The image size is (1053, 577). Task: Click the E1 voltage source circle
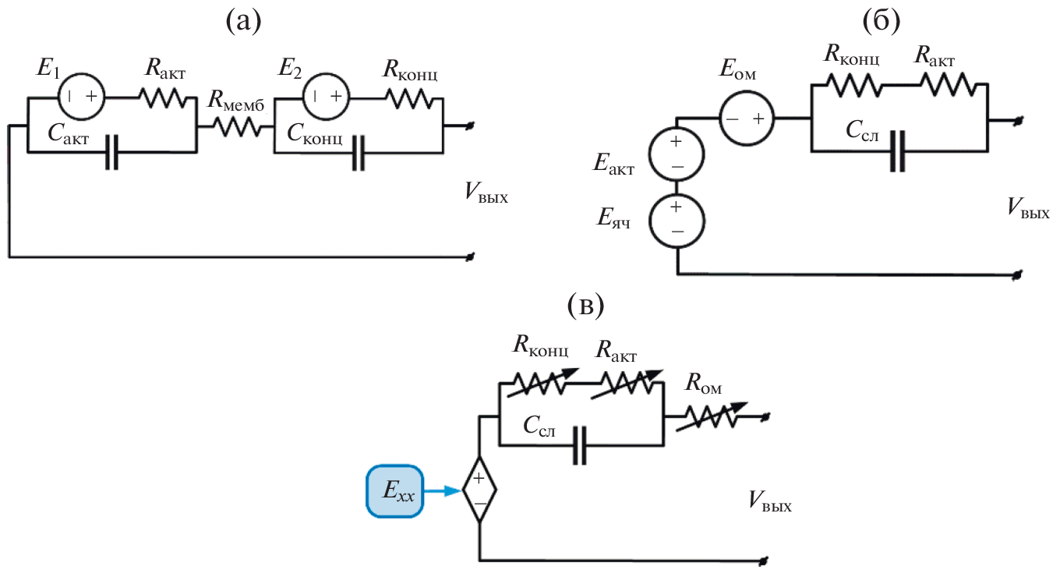pos(82,97)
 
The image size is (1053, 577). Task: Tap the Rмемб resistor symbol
pos(235,126)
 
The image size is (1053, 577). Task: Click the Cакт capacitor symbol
pos(112,152)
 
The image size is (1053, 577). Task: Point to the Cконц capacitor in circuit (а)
pos(358,152)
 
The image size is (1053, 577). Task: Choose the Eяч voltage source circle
pos(677,220)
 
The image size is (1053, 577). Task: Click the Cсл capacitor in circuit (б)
pos(899,150)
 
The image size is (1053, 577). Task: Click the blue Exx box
pos(394,491)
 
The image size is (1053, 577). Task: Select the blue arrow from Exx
pos(443,491)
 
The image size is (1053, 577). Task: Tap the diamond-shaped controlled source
pos(479,491)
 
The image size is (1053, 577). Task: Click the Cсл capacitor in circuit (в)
pos(579,445)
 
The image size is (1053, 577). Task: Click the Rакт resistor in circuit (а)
pos(163,97)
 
